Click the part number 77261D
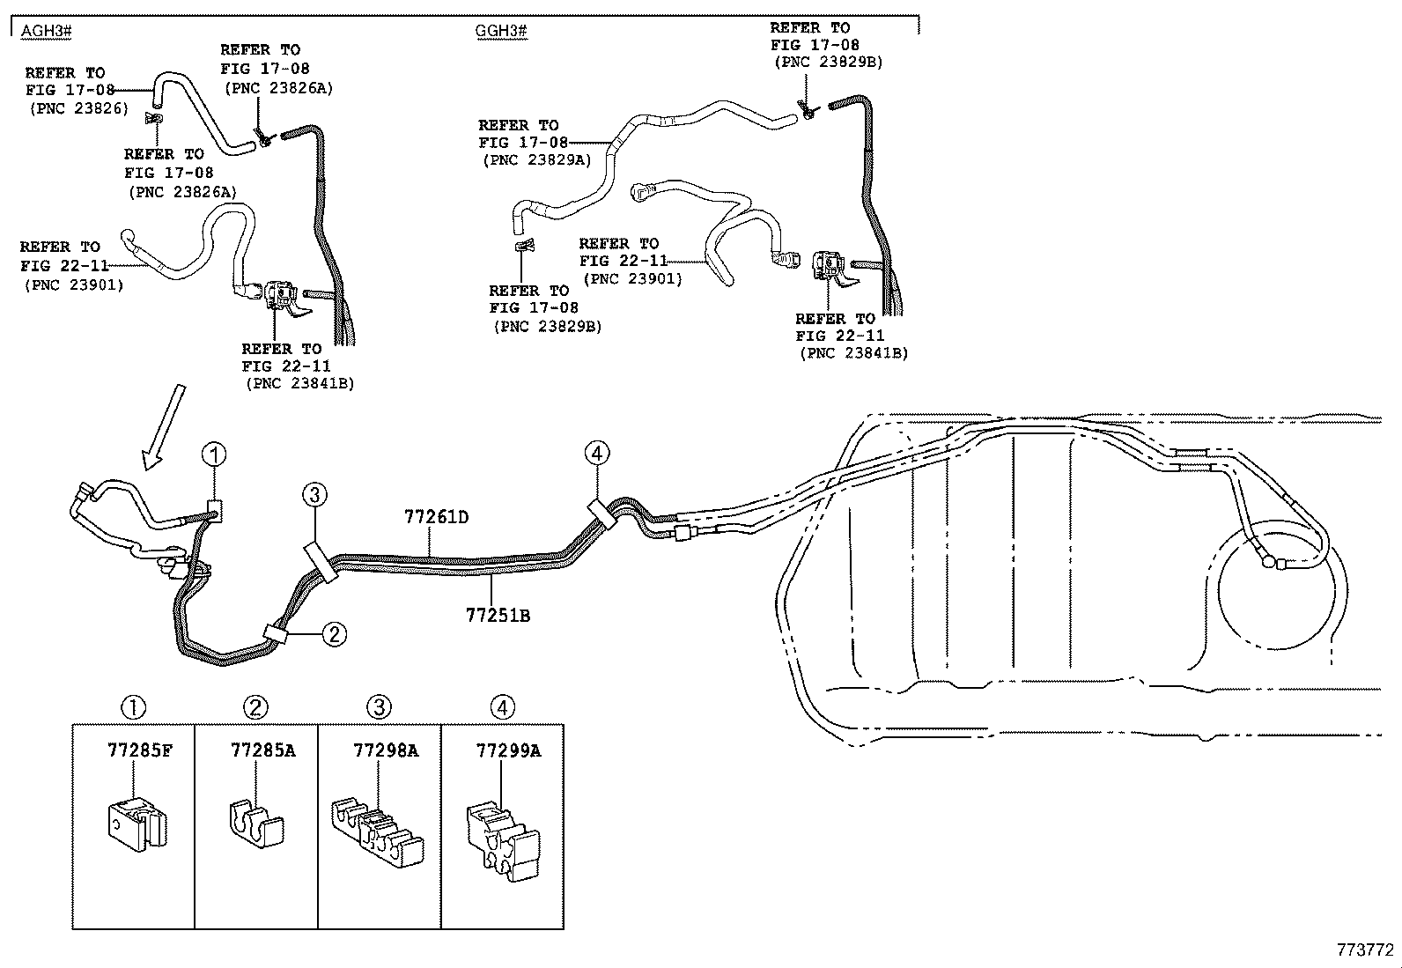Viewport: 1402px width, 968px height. [436, 517]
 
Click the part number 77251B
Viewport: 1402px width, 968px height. [498, 616]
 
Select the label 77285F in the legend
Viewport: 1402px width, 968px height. [140, 750]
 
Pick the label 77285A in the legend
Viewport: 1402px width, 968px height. [262, 750]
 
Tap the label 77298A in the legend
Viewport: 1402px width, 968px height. [385, 750]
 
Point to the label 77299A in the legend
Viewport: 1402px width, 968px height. [508, 750]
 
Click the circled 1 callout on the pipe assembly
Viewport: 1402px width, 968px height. [214, 455]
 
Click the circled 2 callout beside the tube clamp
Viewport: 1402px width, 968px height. [334, 633]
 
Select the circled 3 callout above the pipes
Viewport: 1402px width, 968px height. [314, 495]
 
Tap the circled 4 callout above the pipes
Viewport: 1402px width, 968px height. [596, 454]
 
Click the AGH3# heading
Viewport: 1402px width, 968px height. [46, 32]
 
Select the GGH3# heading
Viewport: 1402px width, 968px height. [500, 32]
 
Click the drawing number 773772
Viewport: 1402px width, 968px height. [1364, 950]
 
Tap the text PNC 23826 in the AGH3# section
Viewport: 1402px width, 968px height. [79, 108]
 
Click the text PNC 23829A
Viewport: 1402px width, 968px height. [537, 160]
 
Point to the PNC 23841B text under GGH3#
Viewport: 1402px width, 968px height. [853, 353]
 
